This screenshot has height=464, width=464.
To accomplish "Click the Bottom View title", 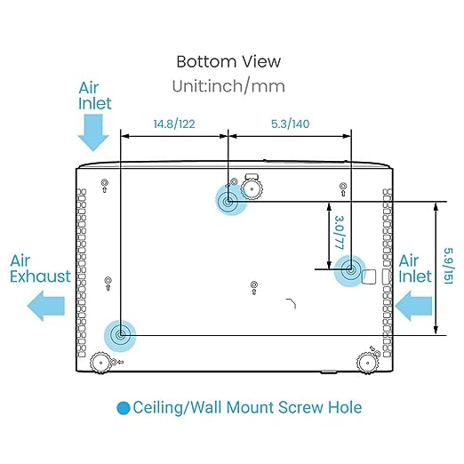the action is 228,61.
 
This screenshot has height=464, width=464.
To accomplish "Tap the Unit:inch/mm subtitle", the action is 228,86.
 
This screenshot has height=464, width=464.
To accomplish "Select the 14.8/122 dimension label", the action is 174,124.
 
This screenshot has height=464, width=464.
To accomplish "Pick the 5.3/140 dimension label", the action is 291,124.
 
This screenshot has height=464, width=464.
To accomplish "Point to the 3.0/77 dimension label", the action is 340,232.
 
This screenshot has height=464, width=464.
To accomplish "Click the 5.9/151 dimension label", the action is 449,266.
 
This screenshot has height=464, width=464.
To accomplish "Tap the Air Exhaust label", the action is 40,268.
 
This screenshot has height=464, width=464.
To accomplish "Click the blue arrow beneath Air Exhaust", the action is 46,306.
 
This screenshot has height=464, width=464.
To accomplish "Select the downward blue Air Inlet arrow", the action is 93,132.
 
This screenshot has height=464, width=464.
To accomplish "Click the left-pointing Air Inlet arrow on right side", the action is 413,306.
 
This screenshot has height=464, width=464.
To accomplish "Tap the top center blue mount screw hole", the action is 228,202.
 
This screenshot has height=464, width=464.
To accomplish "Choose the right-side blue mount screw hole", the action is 350,270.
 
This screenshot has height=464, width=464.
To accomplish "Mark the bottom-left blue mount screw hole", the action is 120,336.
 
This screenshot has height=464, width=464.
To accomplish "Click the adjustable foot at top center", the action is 252,188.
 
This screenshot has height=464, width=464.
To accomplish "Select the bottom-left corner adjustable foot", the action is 100,363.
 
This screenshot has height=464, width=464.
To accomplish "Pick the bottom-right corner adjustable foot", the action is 367,363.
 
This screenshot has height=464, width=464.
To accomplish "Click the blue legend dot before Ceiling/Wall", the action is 124,408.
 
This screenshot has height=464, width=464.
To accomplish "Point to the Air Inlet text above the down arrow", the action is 95,96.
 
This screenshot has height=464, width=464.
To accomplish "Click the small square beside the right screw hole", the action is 369,276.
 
